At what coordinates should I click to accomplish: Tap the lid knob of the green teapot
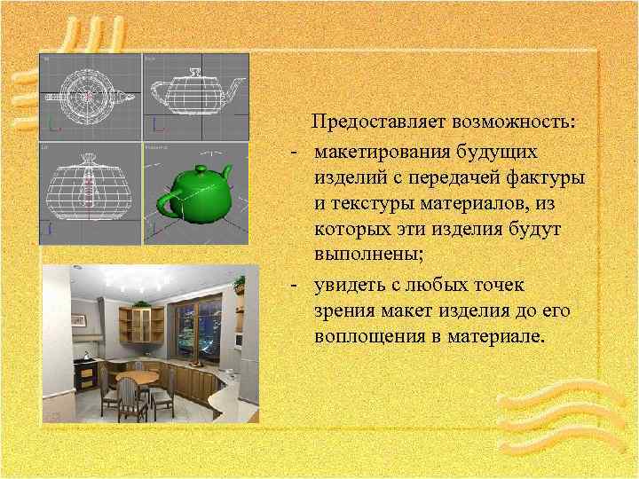201,168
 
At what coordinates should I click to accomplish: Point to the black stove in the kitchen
88,373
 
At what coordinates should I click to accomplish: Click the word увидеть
350,286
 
